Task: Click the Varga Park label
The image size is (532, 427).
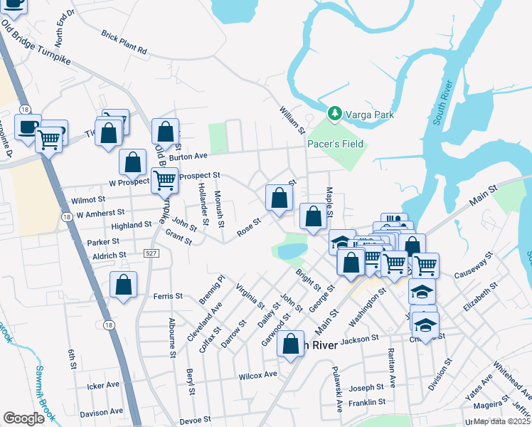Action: tap(369, 114)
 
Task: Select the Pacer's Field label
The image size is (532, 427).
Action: tap(335, 144)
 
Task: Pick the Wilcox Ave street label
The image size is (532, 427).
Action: tap(257, 374)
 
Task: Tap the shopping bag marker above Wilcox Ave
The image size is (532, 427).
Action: tap(291, 344)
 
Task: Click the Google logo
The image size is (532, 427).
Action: tap(23, 418)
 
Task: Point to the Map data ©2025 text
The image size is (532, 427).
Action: tap(501, 421)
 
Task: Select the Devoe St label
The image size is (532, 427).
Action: tap(196, 421)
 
